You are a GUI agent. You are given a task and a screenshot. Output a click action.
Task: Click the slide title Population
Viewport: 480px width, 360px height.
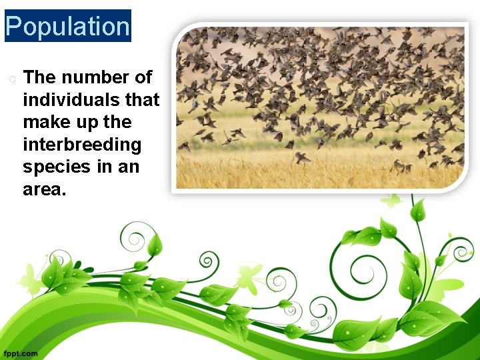(67, 27)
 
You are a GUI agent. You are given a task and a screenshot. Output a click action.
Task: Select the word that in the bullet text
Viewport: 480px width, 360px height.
(143, 100)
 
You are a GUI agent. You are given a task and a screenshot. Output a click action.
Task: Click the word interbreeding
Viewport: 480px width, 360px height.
(82, 145)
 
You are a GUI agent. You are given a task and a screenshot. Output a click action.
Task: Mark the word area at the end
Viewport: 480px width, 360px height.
(43, 189)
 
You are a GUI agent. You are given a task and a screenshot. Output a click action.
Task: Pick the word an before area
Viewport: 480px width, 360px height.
(129, 167)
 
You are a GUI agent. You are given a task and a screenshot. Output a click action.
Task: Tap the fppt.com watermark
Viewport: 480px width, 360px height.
(20, 353)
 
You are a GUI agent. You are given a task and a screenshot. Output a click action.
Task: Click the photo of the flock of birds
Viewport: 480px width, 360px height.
(320, 107)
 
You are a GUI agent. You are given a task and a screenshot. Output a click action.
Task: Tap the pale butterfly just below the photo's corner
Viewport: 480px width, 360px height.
(392, 200)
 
